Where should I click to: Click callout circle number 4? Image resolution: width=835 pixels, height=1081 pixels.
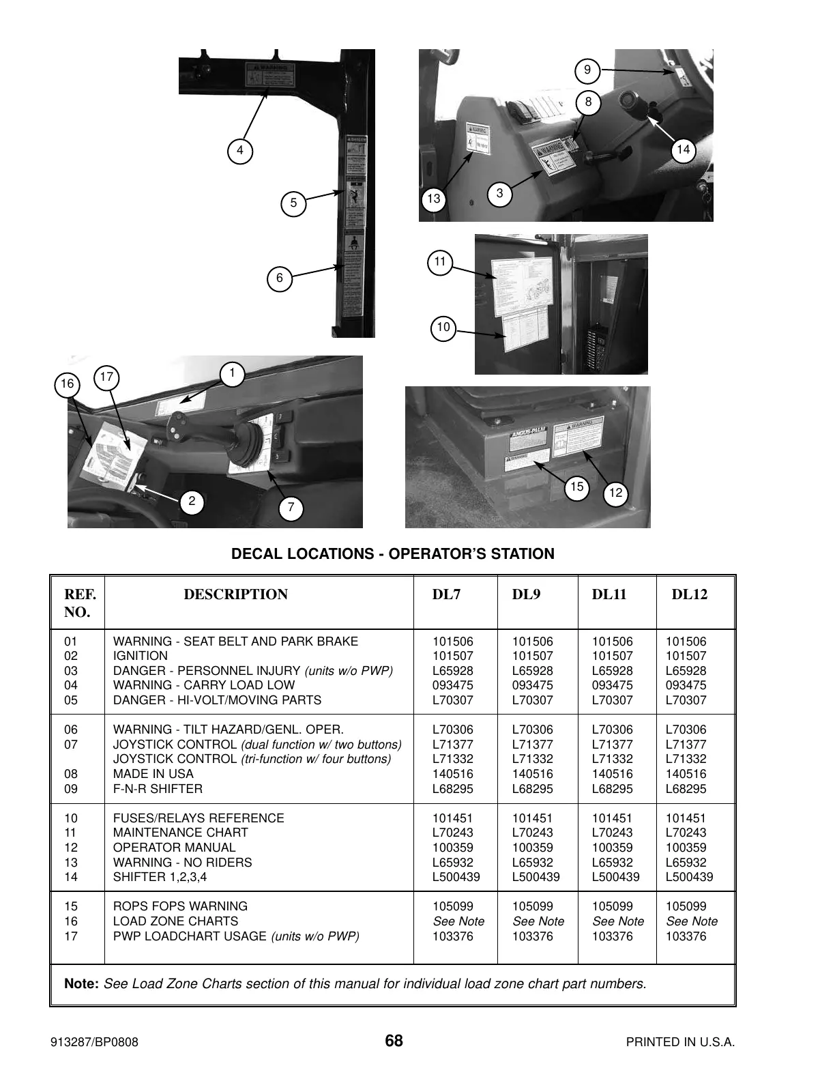(239, 151)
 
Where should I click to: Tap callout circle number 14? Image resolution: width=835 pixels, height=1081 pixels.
(683, 150)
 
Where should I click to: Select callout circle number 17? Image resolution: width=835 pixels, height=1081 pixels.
(106, 377)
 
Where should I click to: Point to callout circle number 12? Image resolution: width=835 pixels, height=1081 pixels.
(616, 493)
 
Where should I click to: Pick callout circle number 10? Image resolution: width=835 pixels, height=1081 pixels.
(443, 328)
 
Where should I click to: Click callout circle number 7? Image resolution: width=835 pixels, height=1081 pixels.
(291, 508)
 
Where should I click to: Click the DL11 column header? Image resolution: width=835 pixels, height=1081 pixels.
(609, 594)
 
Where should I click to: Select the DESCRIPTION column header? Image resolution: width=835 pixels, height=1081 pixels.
(235, 594)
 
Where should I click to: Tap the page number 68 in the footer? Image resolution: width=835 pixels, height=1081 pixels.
(394, 1041)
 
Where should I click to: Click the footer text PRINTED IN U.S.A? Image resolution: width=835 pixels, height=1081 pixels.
(680, 1042)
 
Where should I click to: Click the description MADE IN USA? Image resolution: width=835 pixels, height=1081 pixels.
(153, 774)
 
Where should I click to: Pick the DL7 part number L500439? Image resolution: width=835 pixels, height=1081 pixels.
(456, 877)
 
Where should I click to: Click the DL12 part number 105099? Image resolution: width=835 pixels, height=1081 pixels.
(686, 906)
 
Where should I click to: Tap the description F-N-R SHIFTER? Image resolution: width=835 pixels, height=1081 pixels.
(158, 789)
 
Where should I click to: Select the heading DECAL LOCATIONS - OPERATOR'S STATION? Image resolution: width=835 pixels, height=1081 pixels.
(393, 554)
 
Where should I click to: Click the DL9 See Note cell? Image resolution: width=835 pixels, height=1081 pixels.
(538, 921)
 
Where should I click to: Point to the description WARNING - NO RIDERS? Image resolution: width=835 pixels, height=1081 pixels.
(182, 863)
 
